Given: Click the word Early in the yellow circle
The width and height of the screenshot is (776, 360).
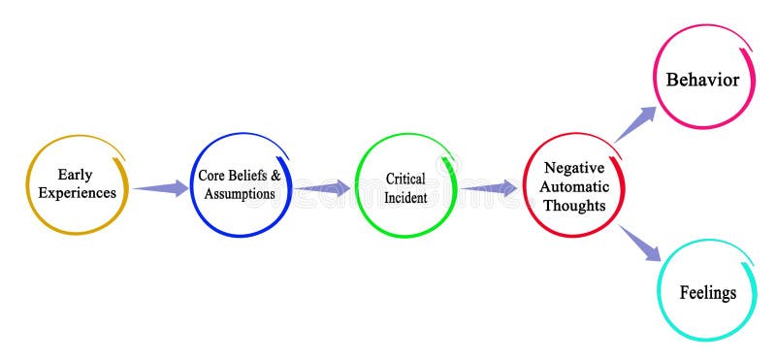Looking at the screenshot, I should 75,175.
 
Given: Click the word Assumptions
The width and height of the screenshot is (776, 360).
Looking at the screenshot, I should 240,193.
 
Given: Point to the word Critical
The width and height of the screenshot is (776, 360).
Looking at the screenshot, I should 405,179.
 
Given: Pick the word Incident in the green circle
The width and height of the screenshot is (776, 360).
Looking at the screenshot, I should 405,197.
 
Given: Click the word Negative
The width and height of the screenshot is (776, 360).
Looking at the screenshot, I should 574,167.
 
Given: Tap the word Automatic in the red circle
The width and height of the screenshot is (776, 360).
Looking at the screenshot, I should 574,185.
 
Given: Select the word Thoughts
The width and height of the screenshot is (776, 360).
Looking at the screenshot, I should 574,205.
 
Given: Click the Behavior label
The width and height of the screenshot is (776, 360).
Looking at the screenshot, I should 702,80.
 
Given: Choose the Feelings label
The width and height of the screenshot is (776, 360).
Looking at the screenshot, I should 707,292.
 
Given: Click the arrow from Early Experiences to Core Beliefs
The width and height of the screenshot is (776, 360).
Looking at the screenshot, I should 161,187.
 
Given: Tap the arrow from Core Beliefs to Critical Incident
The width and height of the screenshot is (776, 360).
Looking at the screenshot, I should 323,187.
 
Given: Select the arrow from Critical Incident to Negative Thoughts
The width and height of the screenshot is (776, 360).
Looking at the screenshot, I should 489,187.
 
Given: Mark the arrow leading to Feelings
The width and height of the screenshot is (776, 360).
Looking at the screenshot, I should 640,244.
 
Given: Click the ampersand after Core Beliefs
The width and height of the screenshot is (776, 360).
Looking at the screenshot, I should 275,176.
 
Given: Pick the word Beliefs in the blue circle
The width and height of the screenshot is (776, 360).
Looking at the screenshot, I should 248,176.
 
